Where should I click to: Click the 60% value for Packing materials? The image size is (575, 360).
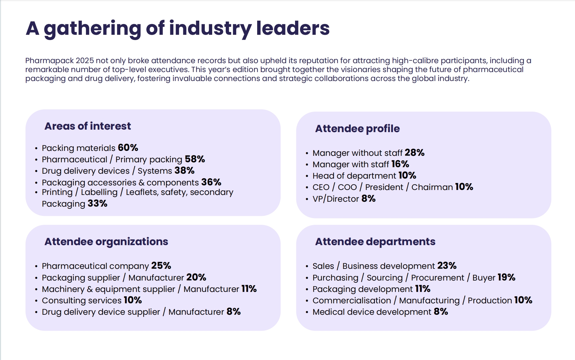pyautogui.click(x=128, y=148)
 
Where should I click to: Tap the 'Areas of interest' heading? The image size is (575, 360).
pyautogui.click(x=88, y=126)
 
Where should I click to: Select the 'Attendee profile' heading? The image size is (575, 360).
pyautogui.click(x=357, y=129)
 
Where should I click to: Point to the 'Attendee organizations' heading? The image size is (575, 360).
pyautogui.click(x=106, y=242)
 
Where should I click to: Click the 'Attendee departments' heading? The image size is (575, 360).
pyautogui.click(x=375, y=242)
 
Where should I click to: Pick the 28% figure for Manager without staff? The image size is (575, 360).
pyautogui.click(x=415, y=152)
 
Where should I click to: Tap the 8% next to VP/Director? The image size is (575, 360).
pyautogui.click(x=368, y=199)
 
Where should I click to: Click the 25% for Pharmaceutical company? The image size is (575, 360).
pyautogui.click(x=161, y=265)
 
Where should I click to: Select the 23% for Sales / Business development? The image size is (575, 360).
pyautogui.click(x=447, y=265)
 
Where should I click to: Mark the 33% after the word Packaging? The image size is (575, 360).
pyautogui.click(x=97, y=204)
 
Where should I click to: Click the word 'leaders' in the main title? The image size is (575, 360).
pyautogui.click(x=293, y=28)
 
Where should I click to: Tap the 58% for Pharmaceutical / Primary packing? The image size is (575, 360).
pyautogui.click(x=195, y=159)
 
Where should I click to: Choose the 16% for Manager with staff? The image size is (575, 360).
pyautogui.click(x=400, y=164)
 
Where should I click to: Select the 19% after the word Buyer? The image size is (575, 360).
pyautogui.click(x=506, y=277)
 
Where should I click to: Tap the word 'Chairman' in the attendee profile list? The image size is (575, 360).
pyautogui.click(x=432, y=187)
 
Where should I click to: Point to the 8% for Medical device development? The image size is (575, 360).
pyautogui.click(x=441, y=312)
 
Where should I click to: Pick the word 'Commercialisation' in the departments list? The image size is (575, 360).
pyautogui.click(x=352, y=300)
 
